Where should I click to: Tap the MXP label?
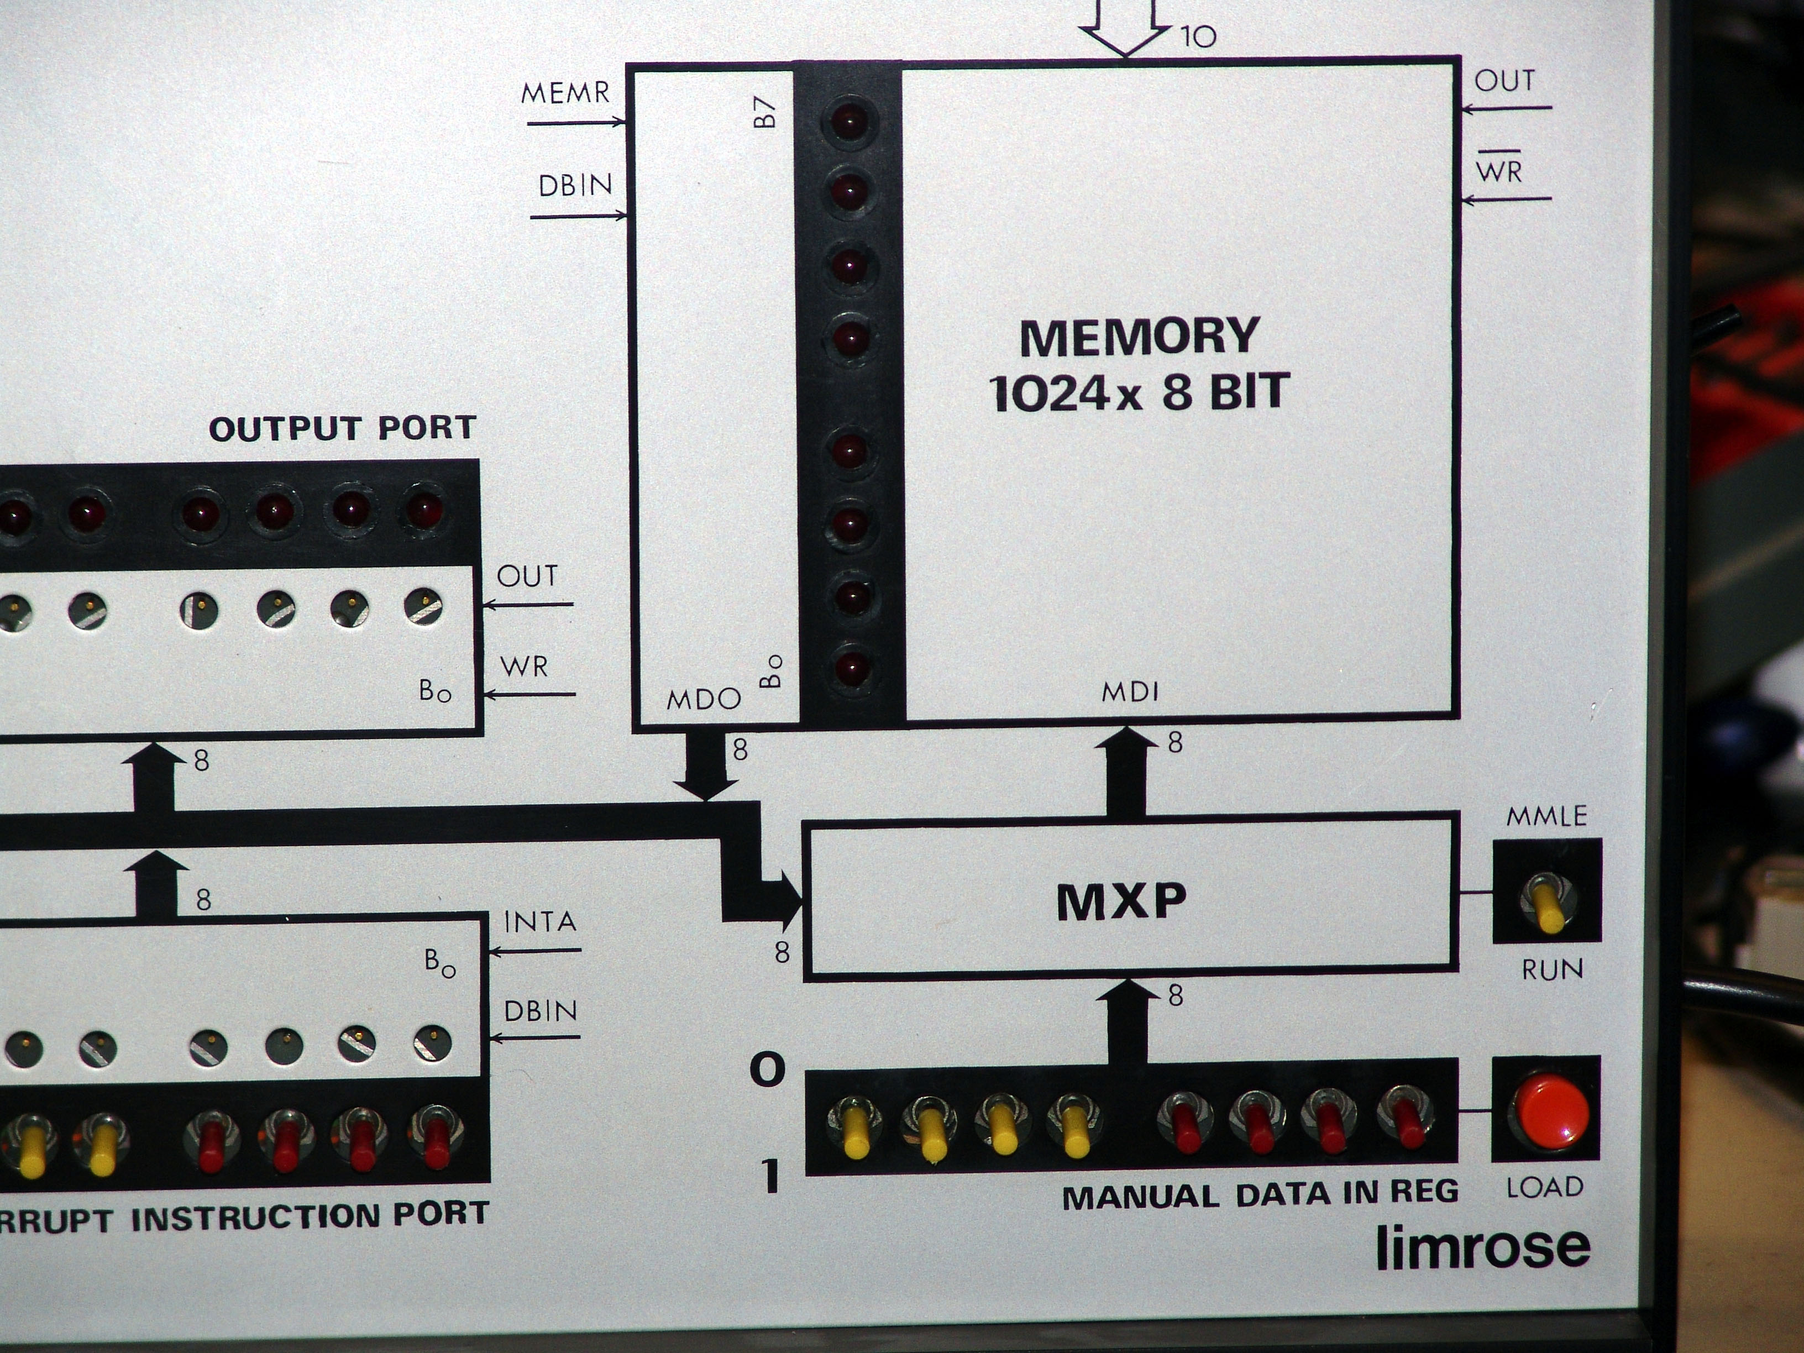[x=1121, y=902]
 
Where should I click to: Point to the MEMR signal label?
[x=565, y=93]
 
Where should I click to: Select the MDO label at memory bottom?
[x=703, y=699]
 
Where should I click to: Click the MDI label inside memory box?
[x=1130, y=693]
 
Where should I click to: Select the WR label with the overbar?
[x=1498, y=171]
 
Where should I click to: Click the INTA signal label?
[x=540, y=922]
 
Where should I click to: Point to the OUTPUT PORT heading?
[x=343, y=429]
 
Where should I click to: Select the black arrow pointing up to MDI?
[x=1127, y=770]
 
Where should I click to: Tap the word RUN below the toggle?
[x=1552, y=969]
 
